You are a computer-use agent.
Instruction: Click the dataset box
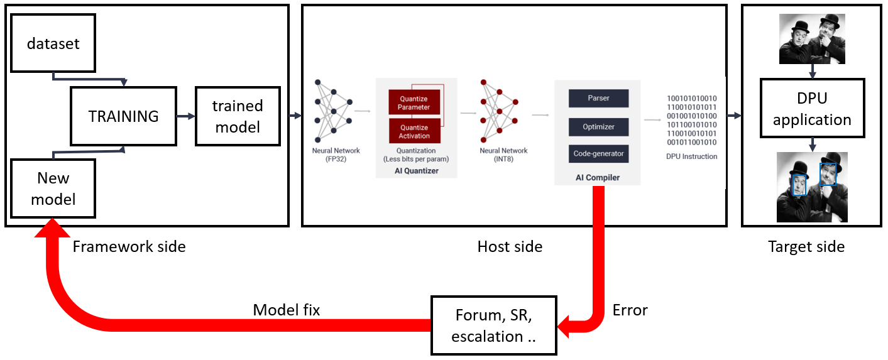tap(53, 44)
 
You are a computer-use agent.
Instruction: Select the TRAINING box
tap(123, 116)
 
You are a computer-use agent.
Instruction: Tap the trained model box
tap(238, 116)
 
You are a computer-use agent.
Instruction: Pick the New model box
tap(53, 188)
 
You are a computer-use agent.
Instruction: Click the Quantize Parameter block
tap(414, 103)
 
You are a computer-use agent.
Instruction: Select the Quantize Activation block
tap(414, 132)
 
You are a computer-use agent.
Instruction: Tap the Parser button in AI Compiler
tap(598, 99)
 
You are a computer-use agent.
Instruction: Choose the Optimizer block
tap(598, 127)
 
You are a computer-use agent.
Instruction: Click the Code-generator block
tap(598, 154)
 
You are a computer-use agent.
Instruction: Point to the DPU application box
tap(812, 109)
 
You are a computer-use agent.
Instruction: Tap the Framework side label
tap(129, 247)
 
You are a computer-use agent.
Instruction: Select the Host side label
tap(510, 247)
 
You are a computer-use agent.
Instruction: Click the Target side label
tap(806, 247)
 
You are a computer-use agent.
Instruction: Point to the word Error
tap(630, 310)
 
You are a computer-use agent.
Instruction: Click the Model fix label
tap(287, 310)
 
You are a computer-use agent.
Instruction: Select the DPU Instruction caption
tap(691, 156)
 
